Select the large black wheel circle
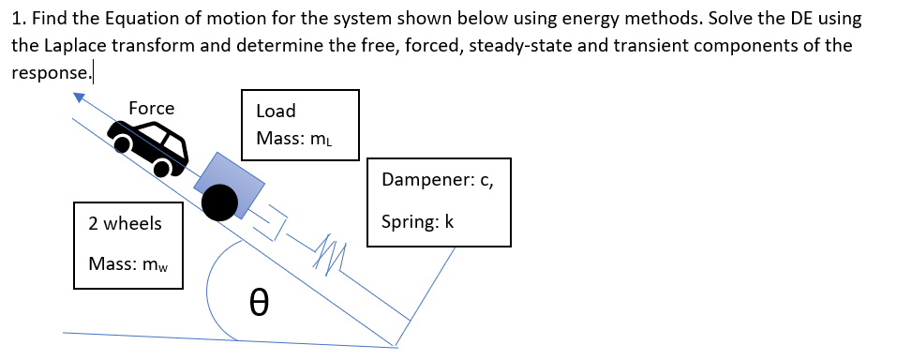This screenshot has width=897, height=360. point(219,202)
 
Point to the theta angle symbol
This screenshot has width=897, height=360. point(262,302)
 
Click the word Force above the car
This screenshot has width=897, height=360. point(151,109)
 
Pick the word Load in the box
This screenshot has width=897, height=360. point(276,111)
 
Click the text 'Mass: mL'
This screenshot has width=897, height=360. point(294,139)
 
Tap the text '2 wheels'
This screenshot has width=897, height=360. point(125,223)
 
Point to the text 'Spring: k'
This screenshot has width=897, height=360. point(418,222)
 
